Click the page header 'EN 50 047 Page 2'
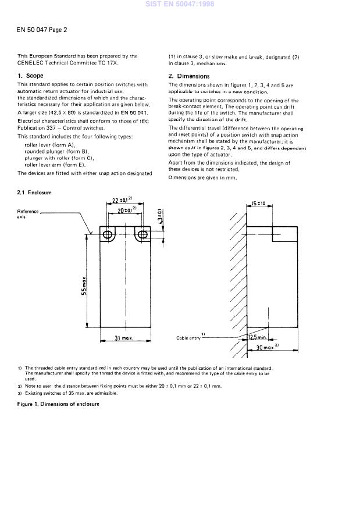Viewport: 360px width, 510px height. pos(42,30)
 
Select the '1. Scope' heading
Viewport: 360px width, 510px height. pos(31,76)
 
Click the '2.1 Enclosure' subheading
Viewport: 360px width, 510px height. pos(34,192)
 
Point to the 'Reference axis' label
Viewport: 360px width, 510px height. pos(28,214)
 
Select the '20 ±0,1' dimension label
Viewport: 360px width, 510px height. pos(127,210)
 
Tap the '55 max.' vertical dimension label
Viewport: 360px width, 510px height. pos(84,286)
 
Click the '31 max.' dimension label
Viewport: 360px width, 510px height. pos(124,338)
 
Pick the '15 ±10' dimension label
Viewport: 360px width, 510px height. pos(258,204)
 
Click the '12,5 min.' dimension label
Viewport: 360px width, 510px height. pos(257,337)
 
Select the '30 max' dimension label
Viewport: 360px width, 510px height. pos(268,347)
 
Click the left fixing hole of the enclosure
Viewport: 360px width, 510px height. pos(107,234)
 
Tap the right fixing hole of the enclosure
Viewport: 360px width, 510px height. pos(142,234)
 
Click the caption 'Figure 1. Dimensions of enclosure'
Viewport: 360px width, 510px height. pos(58,404)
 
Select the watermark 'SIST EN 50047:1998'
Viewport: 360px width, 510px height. pos(180,4)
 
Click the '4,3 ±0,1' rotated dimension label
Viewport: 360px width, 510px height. pos(159,216)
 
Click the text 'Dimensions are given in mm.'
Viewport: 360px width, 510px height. pos(202,177)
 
